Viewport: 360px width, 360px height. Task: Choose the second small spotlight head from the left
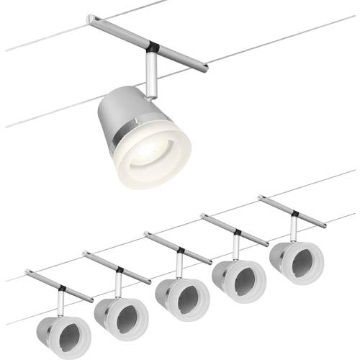point(120,316)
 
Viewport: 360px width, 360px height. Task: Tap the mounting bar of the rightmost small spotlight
point(292,212)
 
